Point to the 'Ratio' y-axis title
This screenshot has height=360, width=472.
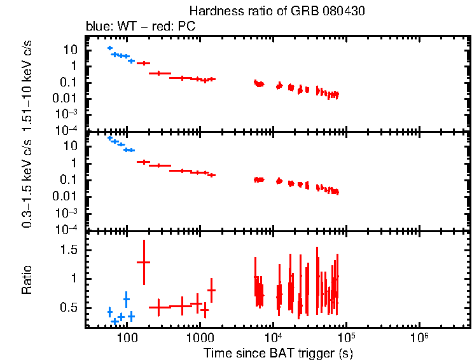[27, 279]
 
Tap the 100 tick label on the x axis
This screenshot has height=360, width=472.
[127, 336]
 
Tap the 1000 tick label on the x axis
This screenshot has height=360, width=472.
[200, 336]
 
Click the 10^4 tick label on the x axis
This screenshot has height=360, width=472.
[274, 336]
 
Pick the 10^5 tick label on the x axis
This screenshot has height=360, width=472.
[347, 336]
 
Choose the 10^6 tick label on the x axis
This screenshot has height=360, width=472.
[420, 336]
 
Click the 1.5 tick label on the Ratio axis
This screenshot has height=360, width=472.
[69, 251]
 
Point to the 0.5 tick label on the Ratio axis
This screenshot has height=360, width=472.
[69, 308]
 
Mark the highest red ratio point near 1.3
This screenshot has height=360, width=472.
[144, 262]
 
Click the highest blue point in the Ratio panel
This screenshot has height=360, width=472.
[127, 299]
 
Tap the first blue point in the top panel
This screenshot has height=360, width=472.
[110, 48]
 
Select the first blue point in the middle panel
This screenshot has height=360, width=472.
[110, 138]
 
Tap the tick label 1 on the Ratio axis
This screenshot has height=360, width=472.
[75, 279]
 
